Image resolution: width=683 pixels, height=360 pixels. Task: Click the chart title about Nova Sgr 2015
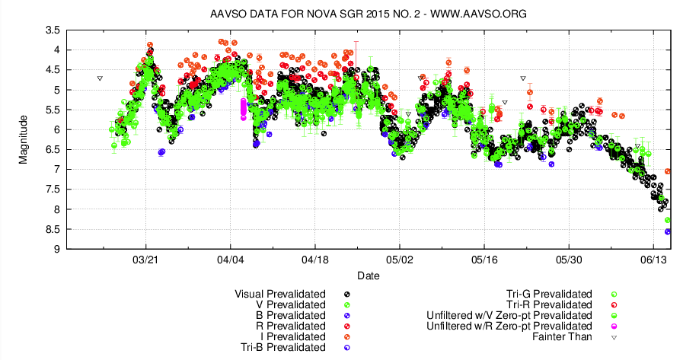pos(358,14)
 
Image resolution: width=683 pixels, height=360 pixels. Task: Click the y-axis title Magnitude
pos(24,139)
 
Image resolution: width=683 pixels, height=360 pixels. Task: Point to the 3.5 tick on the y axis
pos(53,30)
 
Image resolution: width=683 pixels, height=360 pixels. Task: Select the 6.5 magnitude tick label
pos(53,149)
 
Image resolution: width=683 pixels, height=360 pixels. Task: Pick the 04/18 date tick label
pos(315,260)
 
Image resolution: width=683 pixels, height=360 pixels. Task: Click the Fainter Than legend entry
pos(564,336)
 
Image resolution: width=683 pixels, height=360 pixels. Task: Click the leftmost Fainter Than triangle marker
pos(100,78)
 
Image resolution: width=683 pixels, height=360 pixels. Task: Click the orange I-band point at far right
pos(668,172)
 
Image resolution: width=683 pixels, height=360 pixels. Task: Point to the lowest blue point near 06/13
pos(668,231)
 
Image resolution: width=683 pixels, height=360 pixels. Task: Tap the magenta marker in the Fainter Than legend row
pos(614,326)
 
